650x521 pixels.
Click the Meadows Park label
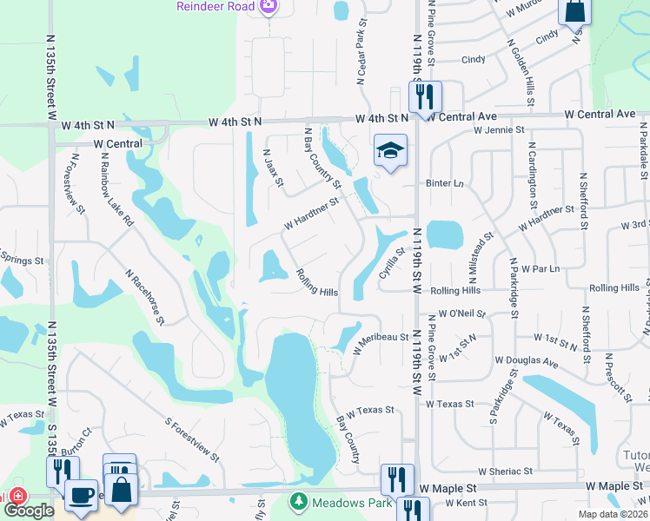coord(348,501)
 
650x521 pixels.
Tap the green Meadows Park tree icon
coord(299,501)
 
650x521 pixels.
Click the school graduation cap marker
coord(390,151)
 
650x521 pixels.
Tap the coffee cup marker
coord(81,496)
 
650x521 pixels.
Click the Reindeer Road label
coord(215,6)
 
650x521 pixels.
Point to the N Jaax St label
coord(274,167)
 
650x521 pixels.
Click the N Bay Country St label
coord(322,157)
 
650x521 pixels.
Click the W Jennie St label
coord(499,130)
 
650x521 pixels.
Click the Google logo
coord(30,511)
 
